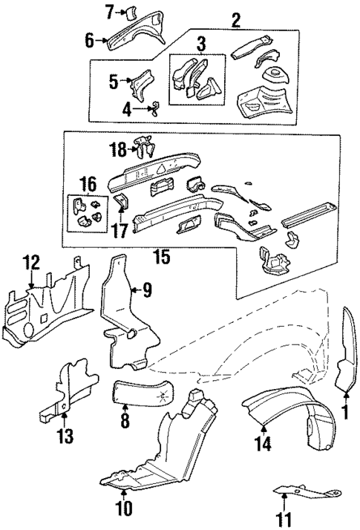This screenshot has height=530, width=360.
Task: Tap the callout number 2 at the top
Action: (235, 20)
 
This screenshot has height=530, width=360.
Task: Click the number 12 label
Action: (30, 261)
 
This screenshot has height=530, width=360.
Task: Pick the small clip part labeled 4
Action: (155, 108)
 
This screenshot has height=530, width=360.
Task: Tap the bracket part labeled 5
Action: (140, 84)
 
